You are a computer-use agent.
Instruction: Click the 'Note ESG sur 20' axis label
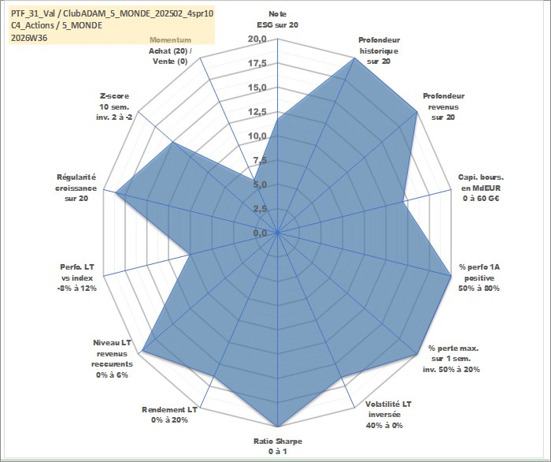(x=278, y=20)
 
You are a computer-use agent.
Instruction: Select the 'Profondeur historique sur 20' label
(x=379, y=50)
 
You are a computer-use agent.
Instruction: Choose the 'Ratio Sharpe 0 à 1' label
(x=278, y=446)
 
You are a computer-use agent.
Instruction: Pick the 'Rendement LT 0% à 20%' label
(x=169, y=415)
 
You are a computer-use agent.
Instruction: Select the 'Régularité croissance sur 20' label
(x=76, y=188)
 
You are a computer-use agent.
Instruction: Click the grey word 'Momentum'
(x=171, y=40)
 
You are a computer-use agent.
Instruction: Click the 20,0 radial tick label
(x=257, y=39)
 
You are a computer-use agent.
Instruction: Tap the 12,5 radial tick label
(x=257, y=112)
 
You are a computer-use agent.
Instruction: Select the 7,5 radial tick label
(x=260, y=161)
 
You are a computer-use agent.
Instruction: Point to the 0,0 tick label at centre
(x=260, y=233)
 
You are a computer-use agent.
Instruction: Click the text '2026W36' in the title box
(x=29, y=38)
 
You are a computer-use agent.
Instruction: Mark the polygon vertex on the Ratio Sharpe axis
(x=278, y=427)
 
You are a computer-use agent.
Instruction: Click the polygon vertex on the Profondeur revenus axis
(x=416, y=112)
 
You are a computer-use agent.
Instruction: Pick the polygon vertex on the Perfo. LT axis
(x=190, y=255)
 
